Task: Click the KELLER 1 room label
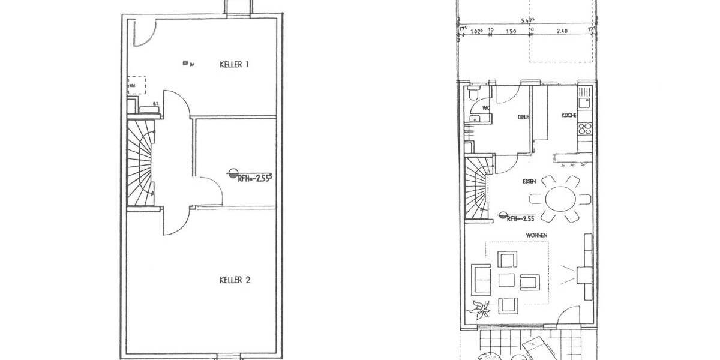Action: [x=234, y=64]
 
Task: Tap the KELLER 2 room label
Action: [x=234, y=280]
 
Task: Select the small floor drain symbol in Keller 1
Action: [x=185, y=63]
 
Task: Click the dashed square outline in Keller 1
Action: [x=137, y=83]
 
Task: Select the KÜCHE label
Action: [x=569, y=115]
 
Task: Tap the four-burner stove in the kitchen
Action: [x=585, y=128]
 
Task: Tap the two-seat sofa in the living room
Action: [x=480, y=277]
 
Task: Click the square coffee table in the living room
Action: [x=506, y=281]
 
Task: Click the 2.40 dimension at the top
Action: [x=562, y=32]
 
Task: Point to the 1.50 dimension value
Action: [x=511, y=32]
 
